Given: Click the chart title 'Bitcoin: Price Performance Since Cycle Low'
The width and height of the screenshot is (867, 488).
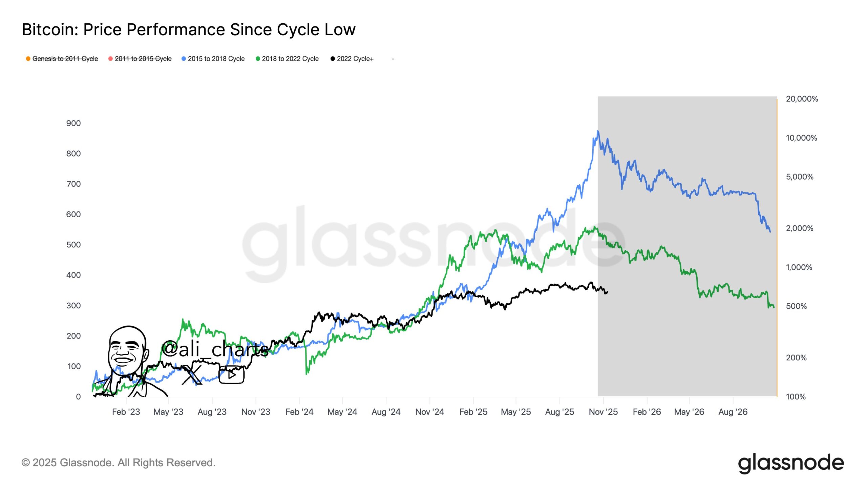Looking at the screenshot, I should [x=189, y=30].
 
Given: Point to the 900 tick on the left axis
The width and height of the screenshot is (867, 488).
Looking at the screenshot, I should [x=73, y=123].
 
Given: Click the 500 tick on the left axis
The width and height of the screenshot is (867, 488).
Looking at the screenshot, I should [x=73, y=245].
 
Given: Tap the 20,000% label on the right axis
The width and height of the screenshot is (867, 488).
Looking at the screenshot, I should [x=802, y=99].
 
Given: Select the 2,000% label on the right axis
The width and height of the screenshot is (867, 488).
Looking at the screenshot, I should [x=799, y=228].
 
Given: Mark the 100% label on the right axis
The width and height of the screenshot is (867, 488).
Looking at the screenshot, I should [x=796, y=396].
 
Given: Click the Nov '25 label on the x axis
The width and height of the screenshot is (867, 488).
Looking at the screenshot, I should [x=603, y=412].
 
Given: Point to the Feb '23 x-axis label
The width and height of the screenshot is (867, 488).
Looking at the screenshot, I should [x=126, y=412].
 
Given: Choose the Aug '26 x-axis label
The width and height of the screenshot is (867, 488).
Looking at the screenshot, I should [x=733, y=412].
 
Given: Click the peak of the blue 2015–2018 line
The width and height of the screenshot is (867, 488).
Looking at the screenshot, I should [x=598, y=131].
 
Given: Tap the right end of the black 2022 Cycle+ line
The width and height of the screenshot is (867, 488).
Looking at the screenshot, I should [x=607, y=292].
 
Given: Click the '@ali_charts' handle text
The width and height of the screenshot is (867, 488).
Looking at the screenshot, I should [x=215, y=349].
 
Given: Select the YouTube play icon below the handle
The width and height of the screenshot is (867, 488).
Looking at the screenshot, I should [x=232, y=374].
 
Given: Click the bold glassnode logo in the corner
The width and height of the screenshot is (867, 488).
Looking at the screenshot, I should [x=791, y=463].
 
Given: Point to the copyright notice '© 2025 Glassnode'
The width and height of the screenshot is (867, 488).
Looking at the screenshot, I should [x=118, y=463].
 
